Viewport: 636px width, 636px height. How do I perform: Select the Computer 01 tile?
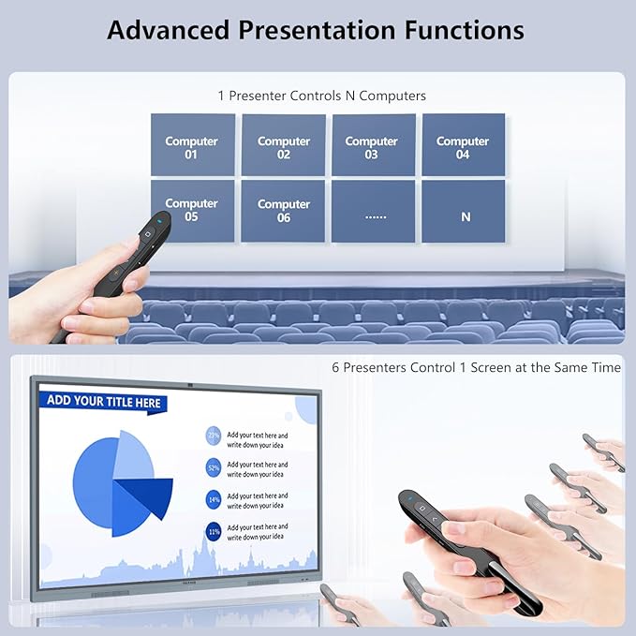(x=192, y=145)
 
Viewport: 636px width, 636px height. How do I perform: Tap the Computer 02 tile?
(x=283, y=145)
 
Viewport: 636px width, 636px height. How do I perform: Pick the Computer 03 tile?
(x=372, y=145)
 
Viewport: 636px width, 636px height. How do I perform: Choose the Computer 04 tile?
(x=463, y=145)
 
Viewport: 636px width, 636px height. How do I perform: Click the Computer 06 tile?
(x=283, y=211)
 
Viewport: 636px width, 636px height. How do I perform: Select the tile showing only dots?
(x=375, y=212)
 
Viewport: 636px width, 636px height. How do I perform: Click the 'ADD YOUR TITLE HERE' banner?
(x=104, y=402)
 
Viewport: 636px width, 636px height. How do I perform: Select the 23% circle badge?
(x=214, y=436)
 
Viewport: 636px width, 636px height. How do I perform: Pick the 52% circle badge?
(x=214, y=467)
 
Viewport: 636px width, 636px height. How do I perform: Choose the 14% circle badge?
(x=214, y=499)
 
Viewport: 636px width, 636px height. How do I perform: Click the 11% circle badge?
(x=214, y=532)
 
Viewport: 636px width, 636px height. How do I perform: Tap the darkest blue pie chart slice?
(x=150, y=495)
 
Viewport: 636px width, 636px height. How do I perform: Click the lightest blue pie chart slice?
(x=132, y=453)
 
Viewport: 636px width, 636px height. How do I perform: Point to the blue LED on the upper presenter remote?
(x=160, y=218)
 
